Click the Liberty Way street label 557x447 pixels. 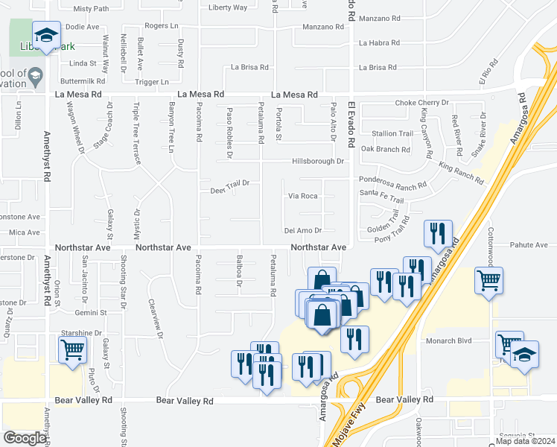coord(228,7)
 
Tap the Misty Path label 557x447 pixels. coord(92,9)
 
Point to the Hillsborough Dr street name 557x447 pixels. coord(317,161)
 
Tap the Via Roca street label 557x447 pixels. coord(303,196)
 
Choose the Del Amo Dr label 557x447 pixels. coord(303,230)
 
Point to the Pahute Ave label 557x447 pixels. coord(529,244)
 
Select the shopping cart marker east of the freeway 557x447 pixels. coord(489,280)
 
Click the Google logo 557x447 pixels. coord(25,438)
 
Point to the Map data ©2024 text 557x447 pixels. coord(524,441)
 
